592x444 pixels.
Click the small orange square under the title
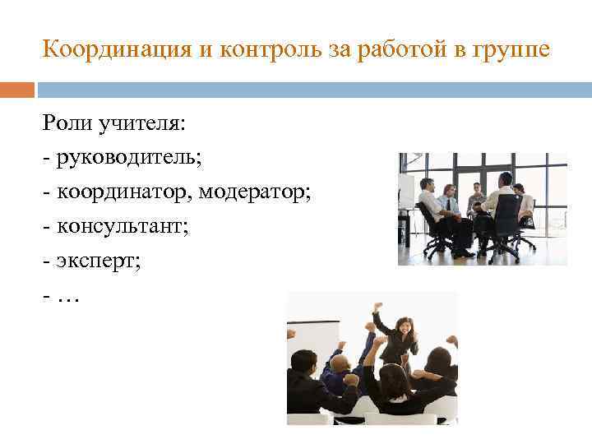[17, 90]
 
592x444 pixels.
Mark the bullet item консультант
[122, 226]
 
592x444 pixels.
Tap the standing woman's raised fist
[377, 308]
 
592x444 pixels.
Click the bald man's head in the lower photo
[339, 363]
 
